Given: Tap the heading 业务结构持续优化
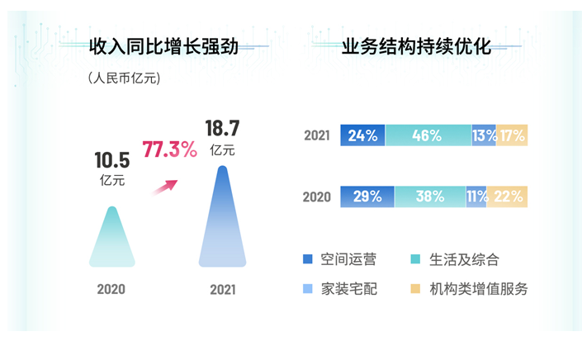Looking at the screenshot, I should tap(416, 47).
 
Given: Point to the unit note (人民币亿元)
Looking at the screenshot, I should tap(124, 78).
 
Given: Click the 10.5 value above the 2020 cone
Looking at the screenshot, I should tap(112, 160).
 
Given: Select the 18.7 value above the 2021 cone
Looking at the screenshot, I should tap(222, 128).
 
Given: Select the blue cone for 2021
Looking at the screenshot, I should tap(222, 223).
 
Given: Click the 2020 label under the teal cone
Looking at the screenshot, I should tap(111, 289).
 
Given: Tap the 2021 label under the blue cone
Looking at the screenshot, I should tap(222, 289).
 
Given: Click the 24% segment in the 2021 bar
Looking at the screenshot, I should tap(362, 135).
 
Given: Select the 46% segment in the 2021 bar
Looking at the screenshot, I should tap(428, 135).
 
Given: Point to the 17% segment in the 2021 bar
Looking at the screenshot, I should tap(512, 135).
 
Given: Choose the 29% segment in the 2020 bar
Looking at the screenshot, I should tap(367, 197).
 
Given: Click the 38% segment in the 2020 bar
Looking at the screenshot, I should tap(429, 197).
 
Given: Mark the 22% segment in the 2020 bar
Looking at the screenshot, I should tap(508, 197).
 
